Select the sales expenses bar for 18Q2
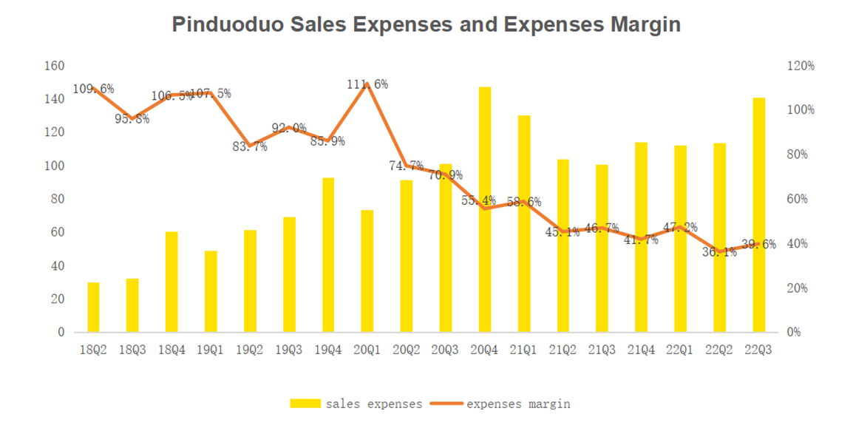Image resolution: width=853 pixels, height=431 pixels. [x=93, y=307]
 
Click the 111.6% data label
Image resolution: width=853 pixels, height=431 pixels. [x=367, y=84]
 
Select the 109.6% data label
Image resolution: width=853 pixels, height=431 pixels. [x=93, y=89]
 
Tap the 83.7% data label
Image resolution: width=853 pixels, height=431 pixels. [x=250, y=146]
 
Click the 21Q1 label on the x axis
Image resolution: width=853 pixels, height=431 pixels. [x=523, y=350]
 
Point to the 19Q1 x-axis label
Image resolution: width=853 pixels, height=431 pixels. [x=211, y=350]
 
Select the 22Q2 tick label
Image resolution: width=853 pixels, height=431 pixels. [x=719, y=350]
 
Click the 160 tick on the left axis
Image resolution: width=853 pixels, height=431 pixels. [x=55, y=66]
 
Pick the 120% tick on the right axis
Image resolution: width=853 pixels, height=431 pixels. [x=799, y=66]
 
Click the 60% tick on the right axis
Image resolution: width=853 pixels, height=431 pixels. [x=796, y=199]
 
